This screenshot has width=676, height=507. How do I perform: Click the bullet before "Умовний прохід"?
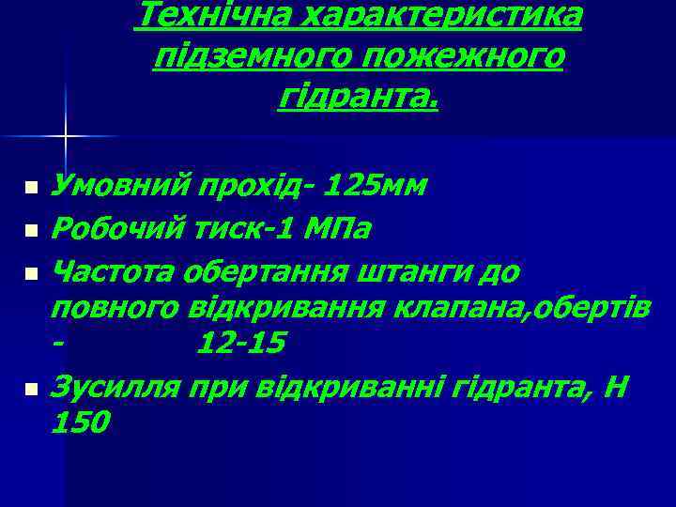tap(32, 189)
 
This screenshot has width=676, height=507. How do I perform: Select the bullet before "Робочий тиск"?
tap(32, 229)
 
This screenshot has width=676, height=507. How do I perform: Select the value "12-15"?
tap(241, 345)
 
